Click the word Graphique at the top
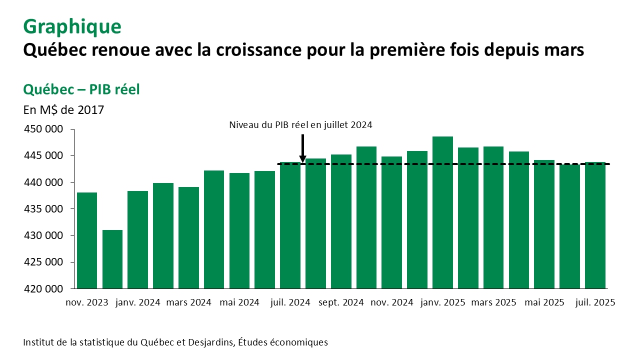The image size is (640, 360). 72,26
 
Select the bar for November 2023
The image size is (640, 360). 87,240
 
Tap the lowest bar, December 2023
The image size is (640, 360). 112,259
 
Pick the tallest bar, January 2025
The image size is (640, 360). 442,212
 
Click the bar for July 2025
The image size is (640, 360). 595,225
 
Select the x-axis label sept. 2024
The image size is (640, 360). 340,302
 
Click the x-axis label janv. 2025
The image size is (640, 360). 442,302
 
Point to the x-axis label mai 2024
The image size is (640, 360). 239,302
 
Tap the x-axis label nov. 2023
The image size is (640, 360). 87,302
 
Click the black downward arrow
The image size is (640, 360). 302,149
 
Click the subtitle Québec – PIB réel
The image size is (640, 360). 81,89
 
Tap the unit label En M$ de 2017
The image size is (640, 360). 63,109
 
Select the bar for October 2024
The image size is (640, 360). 366,217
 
